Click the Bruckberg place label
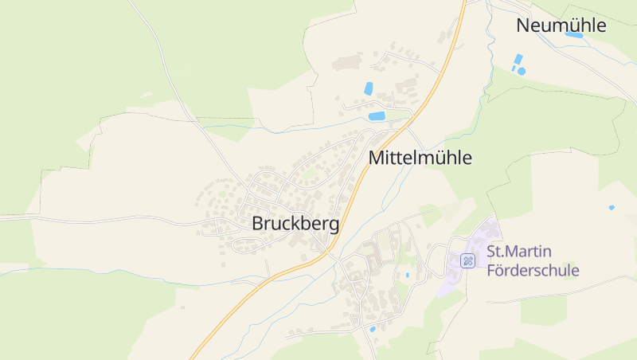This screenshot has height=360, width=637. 295,224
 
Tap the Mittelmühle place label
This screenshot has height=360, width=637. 420,158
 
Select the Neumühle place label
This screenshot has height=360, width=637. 561,25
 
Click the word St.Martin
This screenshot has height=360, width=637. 518,252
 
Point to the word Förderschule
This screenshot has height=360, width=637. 533,270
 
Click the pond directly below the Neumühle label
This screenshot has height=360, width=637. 573,35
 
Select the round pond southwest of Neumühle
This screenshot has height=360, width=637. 522,71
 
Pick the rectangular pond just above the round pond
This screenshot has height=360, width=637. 519,60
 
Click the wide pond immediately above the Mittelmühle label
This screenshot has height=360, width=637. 377,116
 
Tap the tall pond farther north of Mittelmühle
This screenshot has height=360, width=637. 368,89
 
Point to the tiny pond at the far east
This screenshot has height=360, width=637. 612,208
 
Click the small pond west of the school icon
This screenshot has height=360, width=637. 408,275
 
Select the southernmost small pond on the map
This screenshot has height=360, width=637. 372,328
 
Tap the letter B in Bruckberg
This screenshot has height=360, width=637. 258,224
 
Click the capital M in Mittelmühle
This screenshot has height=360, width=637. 376,158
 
